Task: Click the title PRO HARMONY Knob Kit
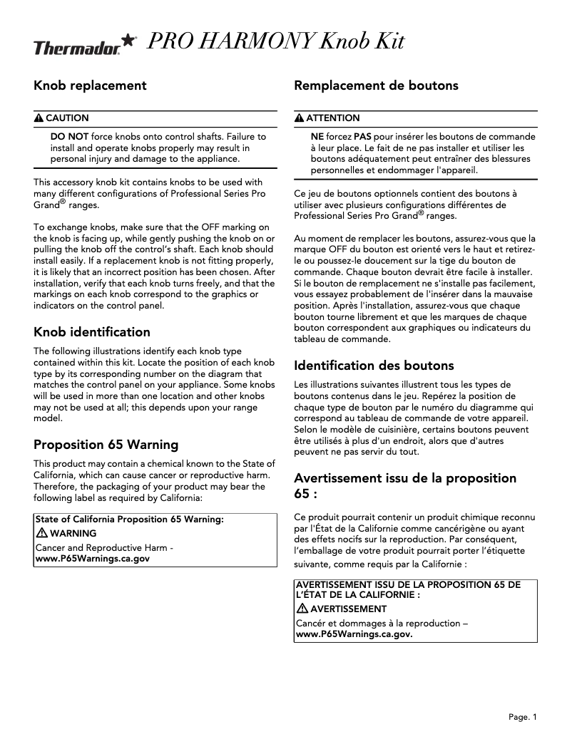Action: tap(275, 42)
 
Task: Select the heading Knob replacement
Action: tap(90, 86)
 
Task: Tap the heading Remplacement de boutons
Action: tap(376, 86)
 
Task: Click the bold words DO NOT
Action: tap(69, 135)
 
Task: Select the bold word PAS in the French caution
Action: tap(363, 135)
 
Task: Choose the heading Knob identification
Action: tap(92, 332)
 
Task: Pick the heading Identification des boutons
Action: tap(374, 366)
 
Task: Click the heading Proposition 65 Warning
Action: tap(106, 445)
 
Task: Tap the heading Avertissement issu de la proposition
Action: tap(405, 477)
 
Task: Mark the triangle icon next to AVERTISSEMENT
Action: tap(302, 609)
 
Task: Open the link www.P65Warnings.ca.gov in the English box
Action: tap(93, 559)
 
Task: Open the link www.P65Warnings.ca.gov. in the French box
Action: tap(354, 633)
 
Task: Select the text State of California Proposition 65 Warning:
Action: tap(129, 520)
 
